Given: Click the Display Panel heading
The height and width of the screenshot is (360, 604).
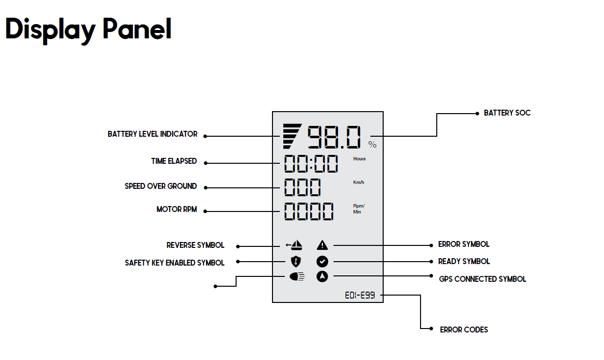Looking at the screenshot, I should tap(89, 30).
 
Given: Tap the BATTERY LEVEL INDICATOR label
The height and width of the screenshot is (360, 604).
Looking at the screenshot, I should tap(152, 134).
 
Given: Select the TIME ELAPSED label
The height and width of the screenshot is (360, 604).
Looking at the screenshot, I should tap(174, 161).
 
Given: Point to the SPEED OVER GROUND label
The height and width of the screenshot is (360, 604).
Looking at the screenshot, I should tap(160, 186).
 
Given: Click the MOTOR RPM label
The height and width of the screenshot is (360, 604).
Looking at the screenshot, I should tap(176, 209).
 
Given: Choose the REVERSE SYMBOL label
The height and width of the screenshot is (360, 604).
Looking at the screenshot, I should tap(195, 245).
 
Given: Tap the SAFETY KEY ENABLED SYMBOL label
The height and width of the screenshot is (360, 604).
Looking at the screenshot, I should tap(174, 263).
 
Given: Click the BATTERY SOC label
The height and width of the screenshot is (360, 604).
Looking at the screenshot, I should tap(507, 113).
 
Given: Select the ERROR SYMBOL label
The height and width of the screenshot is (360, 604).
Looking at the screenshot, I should tap(463, 244).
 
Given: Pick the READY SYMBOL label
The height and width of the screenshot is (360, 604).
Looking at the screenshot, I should tap(464, 261).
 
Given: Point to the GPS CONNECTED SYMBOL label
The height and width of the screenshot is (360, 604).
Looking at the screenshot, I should tap(482, 279).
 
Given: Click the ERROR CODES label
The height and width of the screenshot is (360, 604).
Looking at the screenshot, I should tap(464, 330).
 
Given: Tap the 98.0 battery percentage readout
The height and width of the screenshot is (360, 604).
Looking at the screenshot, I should tap(335, 137).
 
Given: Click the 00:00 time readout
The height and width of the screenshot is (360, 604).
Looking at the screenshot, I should tap(311, 163).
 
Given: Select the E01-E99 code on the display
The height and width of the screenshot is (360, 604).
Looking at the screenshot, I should tap(360, 296).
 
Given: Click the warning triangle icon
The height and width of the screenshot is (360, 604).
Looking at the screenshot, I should tap(322, 244).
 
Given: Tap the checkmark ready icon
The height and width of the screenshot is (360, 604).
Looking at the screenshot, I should tap(322, 262).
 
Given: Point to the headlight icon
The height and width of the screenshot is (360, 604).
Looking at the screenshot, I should tap(297, 277).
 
